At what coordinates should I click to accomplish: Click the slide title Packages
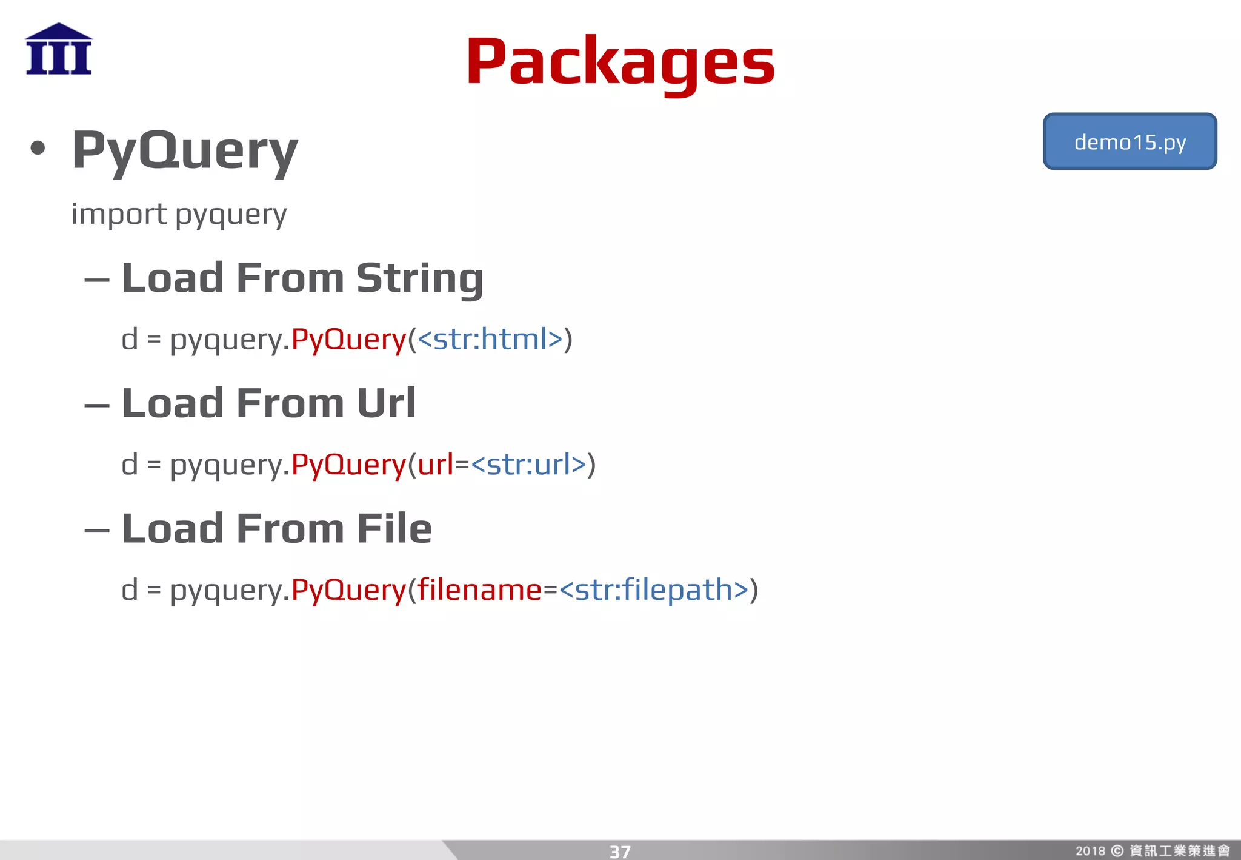point(620,62)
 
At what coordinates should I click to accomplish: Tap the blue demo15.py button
point(1130,142)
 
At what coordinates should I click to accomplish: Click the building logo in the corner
point(59,49)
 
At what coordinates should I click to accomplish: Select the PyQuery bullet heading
point(185,150)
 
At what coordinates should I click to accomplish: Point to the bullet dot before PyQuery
point(38,148)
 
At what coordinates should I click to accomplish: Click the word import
point(119,214)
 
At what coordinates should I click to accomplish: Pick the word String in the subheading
point(419,278)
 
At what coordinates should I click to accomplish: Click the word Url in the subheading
point(386,403)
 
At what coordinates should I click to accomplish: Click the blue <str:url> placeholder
point(528,465)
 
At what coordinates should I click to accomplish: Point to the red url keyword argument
point(436,465)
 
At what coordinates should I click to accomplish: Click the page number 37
point(620,852)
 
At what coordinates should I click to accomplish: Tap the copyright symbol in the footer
point(1117,851)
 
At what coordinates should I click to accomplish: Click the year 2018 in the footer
point(1090,851)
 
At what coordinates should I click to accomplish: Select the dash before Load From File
point(97,531)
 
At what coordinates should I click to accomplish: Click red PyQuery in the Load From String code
point(348,339)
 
